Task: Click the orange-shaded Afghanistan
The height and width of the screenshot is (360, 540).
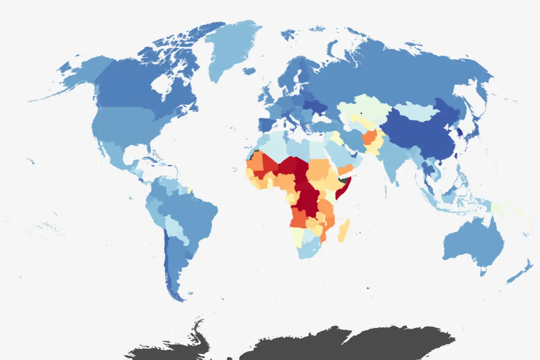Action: click(371, 137)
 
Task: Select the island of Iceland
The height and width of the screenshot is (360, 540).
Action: click(249, 71)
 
